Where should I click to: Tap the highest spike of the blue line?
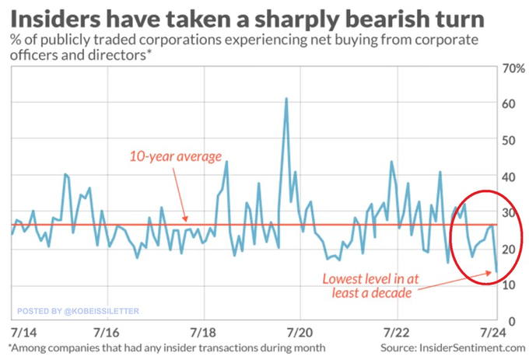point(286,100)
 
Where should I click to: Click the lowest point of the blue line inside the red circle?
point(496,271)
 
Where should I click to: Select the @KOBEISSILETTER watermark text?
point(100,310)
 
